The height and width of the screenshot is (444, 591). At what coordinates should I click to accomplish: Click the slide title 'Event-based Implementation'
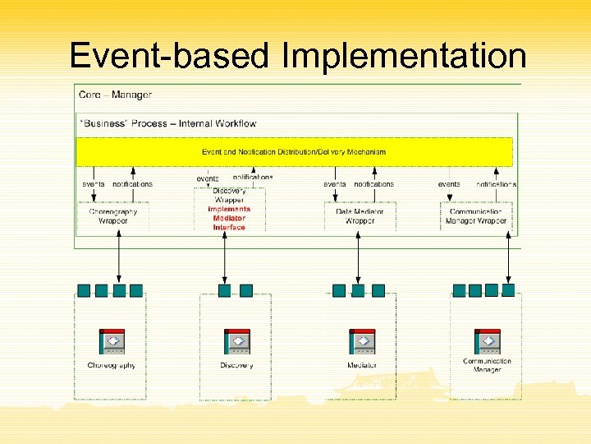pyautogui.click(x=297, y=56)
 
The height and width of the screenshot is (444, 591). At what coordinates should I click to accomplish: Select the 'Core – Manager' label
pyautogui.click(x=115, y=95)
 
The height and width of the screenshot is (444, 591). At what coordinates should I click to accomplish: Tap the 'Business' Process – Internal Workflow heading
pyautogui.click(x=168, y=123)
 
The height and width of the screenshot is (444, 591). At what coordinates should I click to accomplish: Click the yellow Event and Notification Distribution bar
pyautogui.click(x=294, y=152)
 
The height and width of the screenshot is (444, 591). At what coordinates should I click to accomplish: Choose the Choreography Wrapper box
pyautogui.click(x=113, y=216)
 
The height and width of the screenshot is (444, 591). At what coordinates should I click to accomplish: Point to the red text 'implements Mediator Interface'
pyautogui.click(x=229, y=218)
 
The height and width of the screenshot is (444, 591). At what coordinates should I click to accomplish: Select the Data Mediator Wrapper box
pyautogui.click(x=360, y=216)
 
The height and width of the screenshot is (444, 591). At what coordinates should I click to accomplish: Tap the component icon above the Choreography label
pyautogui.click(x=112, y=341)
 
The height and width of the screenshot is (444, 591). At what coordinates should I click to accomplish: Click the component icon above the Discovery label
pyautogui.click(x=236, y=341)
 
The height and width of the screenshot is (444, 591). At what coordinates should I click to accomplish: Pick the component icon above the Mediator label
pyautogui.click(x=362, y=341)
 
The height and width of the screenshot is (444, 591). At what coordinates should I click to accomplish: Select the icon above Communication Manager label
pyautogui.click(x=487, y=341)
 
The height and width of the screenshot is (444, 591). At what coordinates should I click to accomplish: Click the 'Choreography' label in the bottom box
pyautogui.click(x=112, y=366)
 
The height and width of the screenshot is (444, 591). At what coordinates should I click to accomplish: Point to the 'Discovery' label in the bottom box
pyautogui.click(x=236, y=366)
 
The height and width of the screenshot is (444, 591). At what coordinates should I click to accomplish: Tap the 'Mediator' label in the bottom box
pyautogui.click(x=362, y=366)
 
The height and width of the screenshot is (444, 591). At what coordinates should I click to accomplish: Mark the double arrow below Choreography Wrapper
pyautogui.click(x=120, y=258)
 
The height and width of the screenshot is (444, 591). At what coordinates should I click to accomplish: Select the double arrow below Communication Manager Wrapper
pyautogui.click(x=507, y=258)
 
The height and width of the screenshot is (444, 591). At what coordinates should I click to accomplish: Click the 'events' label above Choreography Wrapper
pyautogui.click(x=93, y=184)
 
